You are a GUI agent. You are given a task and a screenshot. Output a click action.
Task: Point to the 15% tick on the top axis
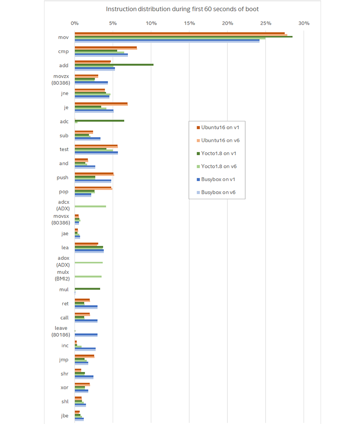(x=189, y=23)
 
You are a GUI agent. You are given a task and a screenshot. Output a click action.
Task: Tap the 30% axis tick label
(x=304, y=23)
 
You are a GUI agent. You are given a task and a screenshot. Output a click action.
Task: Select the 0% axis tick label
(x=75, y=23)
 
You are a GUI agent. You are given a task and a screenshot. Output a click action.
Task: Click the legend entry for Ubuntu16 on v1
(x=217, y=127)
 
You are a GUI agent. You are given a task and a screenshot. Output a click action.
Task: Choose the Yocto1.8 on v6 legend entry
(x=217, y=166)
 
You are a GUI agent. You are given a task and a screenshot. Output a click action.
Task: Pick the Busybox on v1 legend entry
(x=217, y=179)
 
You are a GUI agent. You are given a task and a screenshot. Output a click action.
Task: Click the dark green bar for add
(x=114, y=65)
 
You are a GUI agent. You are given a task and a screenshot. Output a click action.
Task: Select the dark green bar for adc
(x=100, y=121)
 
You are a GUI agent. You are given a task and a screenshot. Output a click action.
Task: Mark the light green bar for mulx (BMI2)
(x=88, y=276)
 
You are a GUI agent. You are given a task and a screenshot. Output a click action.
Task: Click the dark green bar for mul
(x=87, y=289)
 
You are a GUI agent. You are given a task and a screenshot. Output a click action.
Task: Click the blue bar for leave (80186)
(x=86, y=334)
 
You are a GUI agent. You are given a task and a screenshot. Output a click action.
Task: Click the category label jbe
(x=64, y=416)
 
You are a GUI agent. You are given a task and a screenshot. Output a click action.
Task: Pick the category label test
(x=64, y=149)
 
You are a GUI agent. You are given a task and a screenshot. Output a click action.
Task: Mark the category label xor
(x=64, y=388)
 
